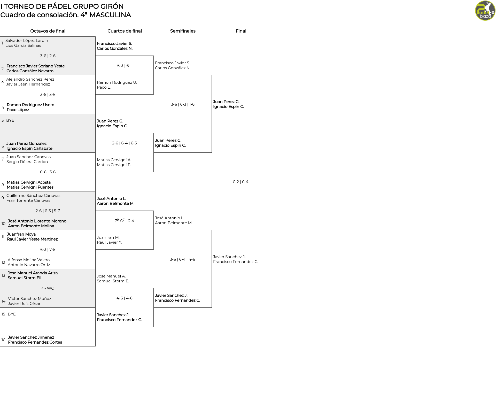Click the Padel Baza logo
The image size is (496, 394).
point(485,11)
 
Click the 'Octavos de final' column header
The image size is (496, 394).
point(48,31)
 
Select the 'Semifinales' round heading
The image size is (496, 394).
point(183,31)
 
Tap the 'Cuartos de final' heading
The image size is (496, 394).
point(125,31)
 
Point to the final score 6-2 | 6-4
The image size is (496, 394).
point(241,182)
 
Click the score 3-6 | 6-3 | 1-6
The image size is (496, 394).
point(183,104)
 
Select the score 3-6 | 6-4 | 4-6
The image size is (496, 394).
point(182,259)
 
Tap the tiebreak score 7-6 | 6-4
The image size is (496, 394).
point(124,221)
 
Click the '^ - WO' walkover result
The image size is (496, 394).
point(48,288)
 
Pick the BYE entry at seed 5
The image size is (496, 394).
point(10,120)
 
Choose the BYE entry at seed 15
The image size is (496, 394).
point(12,314)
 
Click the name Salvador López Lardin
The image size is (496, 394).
point(27,41)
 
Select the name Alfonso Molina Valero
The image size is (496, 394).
point(29,260)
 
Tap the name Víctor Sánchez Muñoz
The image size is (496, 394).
point(29,299)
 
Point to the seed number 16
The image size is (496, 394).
point(3,340)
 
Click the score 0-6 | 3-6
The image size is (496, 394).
point(48,172)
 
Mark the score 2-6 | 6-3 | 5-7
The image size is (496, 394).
point(48,211)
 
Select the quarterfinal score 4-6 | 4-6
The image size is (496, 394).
point(125,298)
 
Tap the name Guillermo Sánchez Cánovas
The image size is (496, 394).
point(33,196)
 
